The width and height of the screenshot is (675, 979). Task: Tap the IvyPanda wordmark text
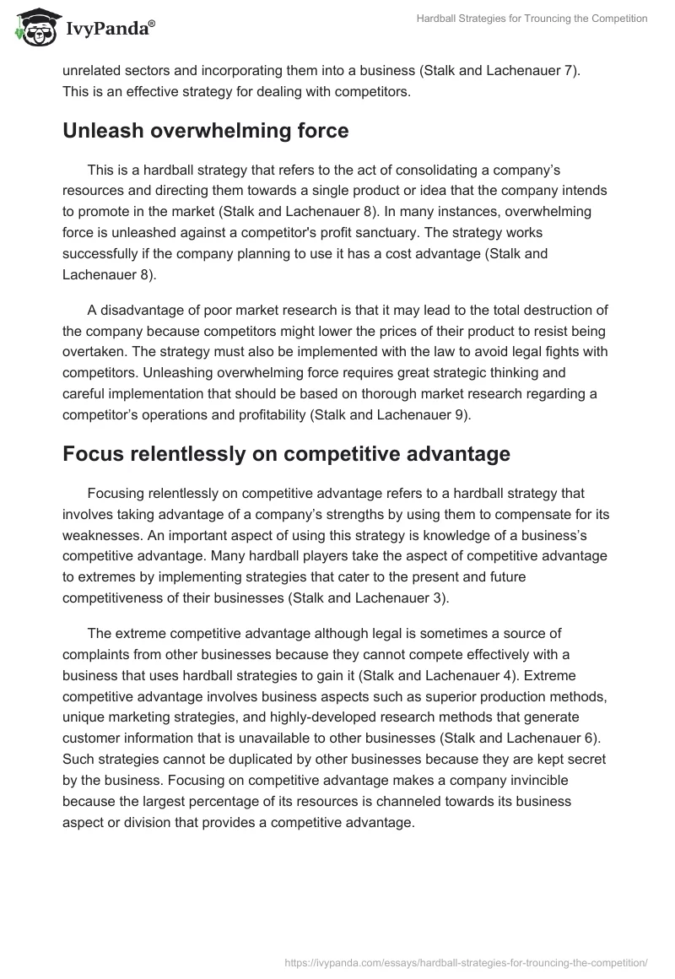pos(109,30)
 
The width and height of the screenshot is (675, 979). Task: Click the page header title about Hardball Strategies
pos(532,19)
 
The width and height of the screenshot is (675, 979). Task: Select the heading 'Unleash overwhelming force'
pos(206,131)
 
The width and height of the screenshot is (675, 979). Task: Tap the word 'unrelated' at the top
pos(92,72)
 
